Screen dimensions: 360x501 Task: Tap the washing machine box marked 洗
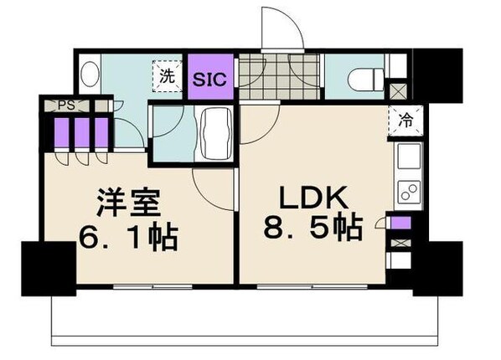pyautogui.click(x=167, y=75)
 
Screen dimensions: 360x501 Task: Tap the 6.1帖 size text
pyautogui.click(x=128, y=239)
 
